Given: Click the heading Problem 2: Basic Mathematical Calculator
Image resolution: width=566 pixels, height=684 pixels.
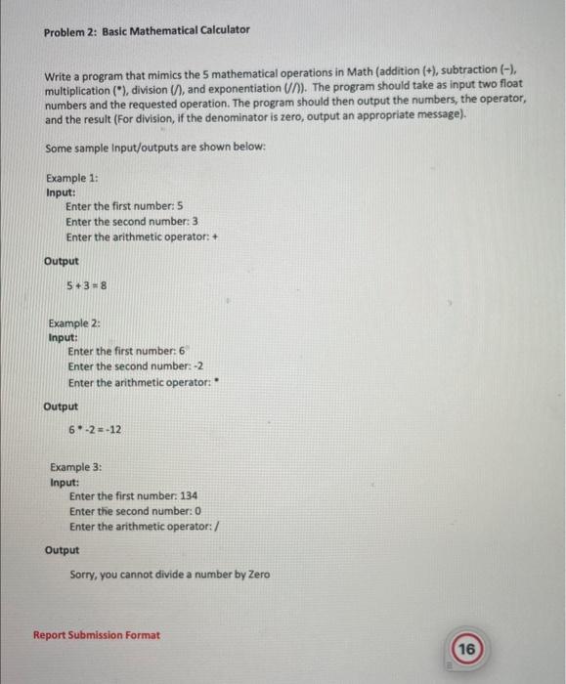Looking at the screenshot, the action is (147, 29).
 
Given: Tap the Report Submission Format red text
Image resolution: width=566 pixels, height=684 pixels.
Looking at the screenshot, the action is (97, 635).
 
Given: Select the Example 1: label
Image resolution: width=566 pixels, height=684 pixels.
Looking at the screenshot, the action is (71, 178).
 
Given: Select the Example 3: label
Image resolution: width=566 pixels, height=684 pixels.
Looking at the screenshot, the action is (75, 468).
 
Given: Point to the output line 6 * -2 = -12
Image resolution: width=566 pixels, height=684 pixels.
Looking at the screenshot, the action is (95, 430).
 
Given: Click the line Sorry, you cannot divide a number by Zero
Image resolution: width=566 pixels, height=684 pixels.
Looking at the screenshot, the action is (170, 575).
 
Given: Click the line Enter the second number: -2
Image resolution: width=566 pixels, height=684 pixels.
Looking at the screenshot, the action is (135, 366).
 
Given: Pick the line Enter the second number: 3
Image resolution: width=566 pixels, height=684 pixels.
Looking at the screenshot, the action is (132, 222).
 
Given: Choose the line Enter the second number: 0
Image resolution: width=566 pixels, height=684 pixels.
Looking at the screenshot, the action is (135, 512).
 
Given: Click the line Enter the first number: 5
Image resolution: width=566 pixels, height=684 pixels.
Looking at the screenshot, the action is (125, 207).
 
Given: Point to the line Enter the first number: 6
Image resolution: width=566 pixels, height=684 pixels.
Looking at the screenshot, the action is (127, 351).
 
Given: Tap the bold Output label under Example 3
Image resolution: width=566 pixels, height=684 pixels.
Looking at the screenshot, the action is (62, 550).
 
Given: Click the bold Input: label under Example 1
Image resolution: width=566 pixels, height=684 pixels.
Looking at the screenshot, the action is (62, 192).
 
